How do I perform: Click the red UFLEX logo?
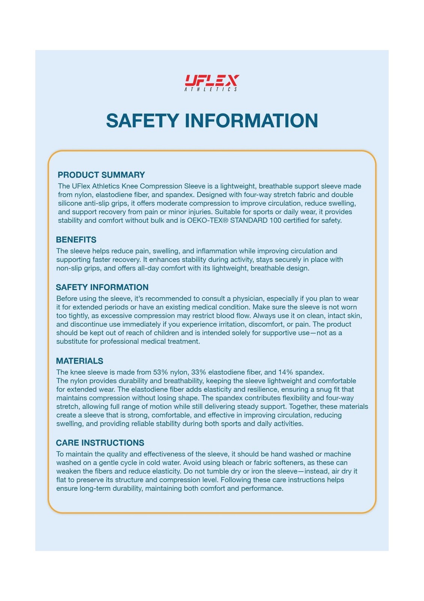(x=212, y=80)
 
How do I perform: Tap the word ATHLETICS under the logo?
(x=211, y=89)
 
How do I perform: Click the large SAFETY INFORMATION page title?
(x=212, y=121)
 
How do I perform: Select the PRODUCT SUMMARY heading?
(x=101, y=175)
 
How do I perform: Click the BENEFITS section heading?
(x=76, y=240)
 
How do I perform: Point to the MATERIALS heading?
(x=79, y=361)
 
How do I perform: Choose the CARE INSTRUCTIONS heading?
(x=100, y=442)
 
